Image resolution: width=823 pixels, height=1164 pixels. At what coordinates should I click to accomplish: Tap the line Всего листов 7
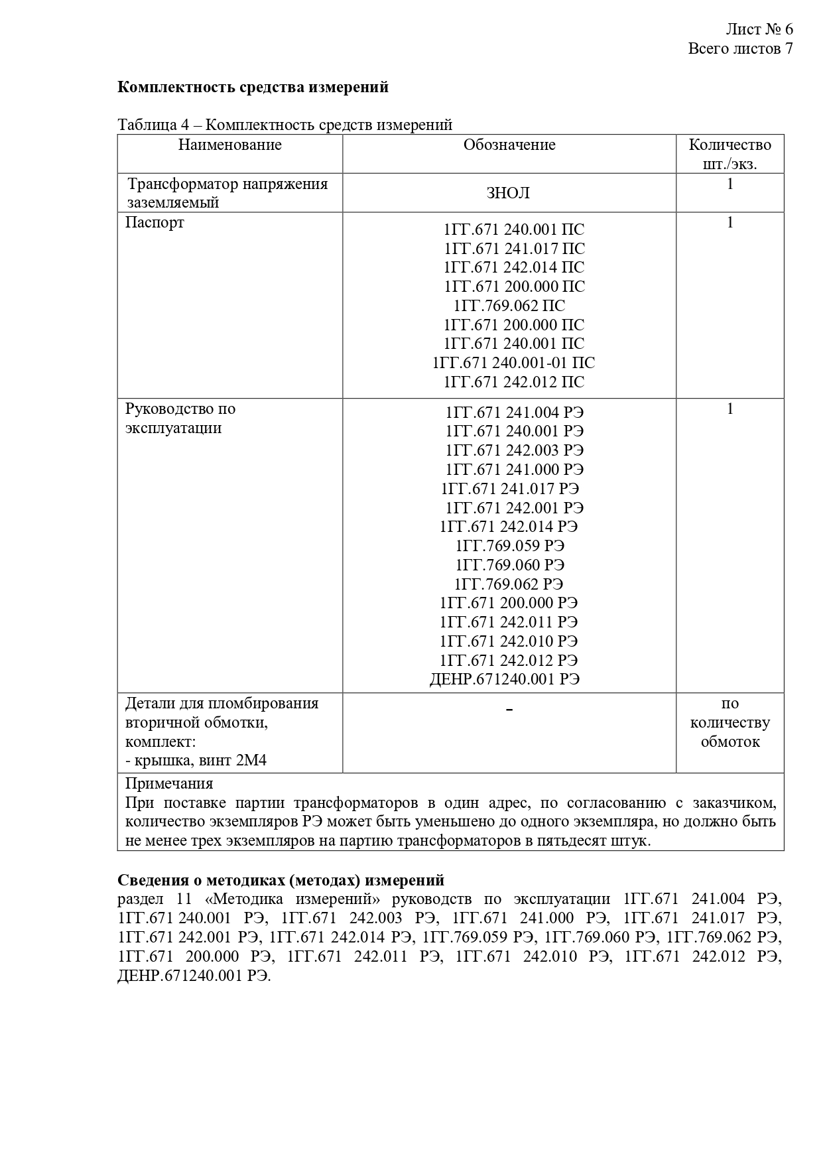(740, 48)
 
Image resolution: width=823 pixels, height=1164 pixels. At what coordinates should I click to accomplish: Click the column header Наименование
(229, 145)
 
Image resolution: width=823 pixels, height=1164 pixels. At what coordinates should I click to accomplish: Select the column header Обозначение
(509, 145)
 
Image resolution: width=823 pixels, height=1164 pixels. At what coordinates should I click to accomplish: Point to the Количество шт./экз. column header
(729, 154)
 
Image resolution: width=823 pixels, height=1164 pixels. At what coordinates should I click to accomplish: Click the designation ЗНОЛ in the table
(508, 193)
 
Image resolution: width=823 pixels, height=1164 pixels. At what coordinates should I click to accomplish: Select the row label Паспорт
(155, 222)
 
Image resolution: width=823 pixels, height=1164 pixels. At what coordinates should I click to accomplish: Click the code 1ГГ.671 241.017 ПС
(514, 249)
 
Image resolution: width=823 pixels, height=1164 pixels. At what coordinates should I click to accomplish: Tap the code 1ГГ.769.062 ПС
(509, 306)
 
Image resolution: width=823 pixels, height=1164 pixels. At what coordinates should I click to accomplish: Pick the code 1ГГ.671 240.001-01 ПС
(513, 363)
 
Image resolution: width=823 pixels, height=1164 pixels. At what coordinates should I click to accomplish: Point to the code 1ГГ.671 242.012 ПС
(514, 382)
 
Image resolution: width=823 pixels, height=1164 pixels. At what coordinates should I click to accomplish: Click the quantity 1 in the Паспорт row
(729, 222)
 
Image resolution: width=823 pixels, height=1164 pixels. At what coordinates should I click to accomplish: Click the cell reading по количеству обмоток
(729, 722)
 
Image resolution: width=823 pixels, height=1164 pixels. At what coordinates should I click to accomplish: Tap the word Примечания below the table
(169, 783)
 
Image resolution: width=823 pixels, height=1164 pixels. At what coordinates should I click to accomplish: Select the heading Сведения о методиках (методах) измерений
(281, 880)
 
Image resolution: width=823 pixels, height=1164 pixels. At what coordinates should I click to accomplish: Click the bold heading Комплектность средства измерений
(253, 87)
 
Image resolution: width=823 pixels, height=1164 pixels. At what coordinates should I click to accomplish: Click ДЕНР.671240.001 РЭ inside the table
(504, 679)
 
